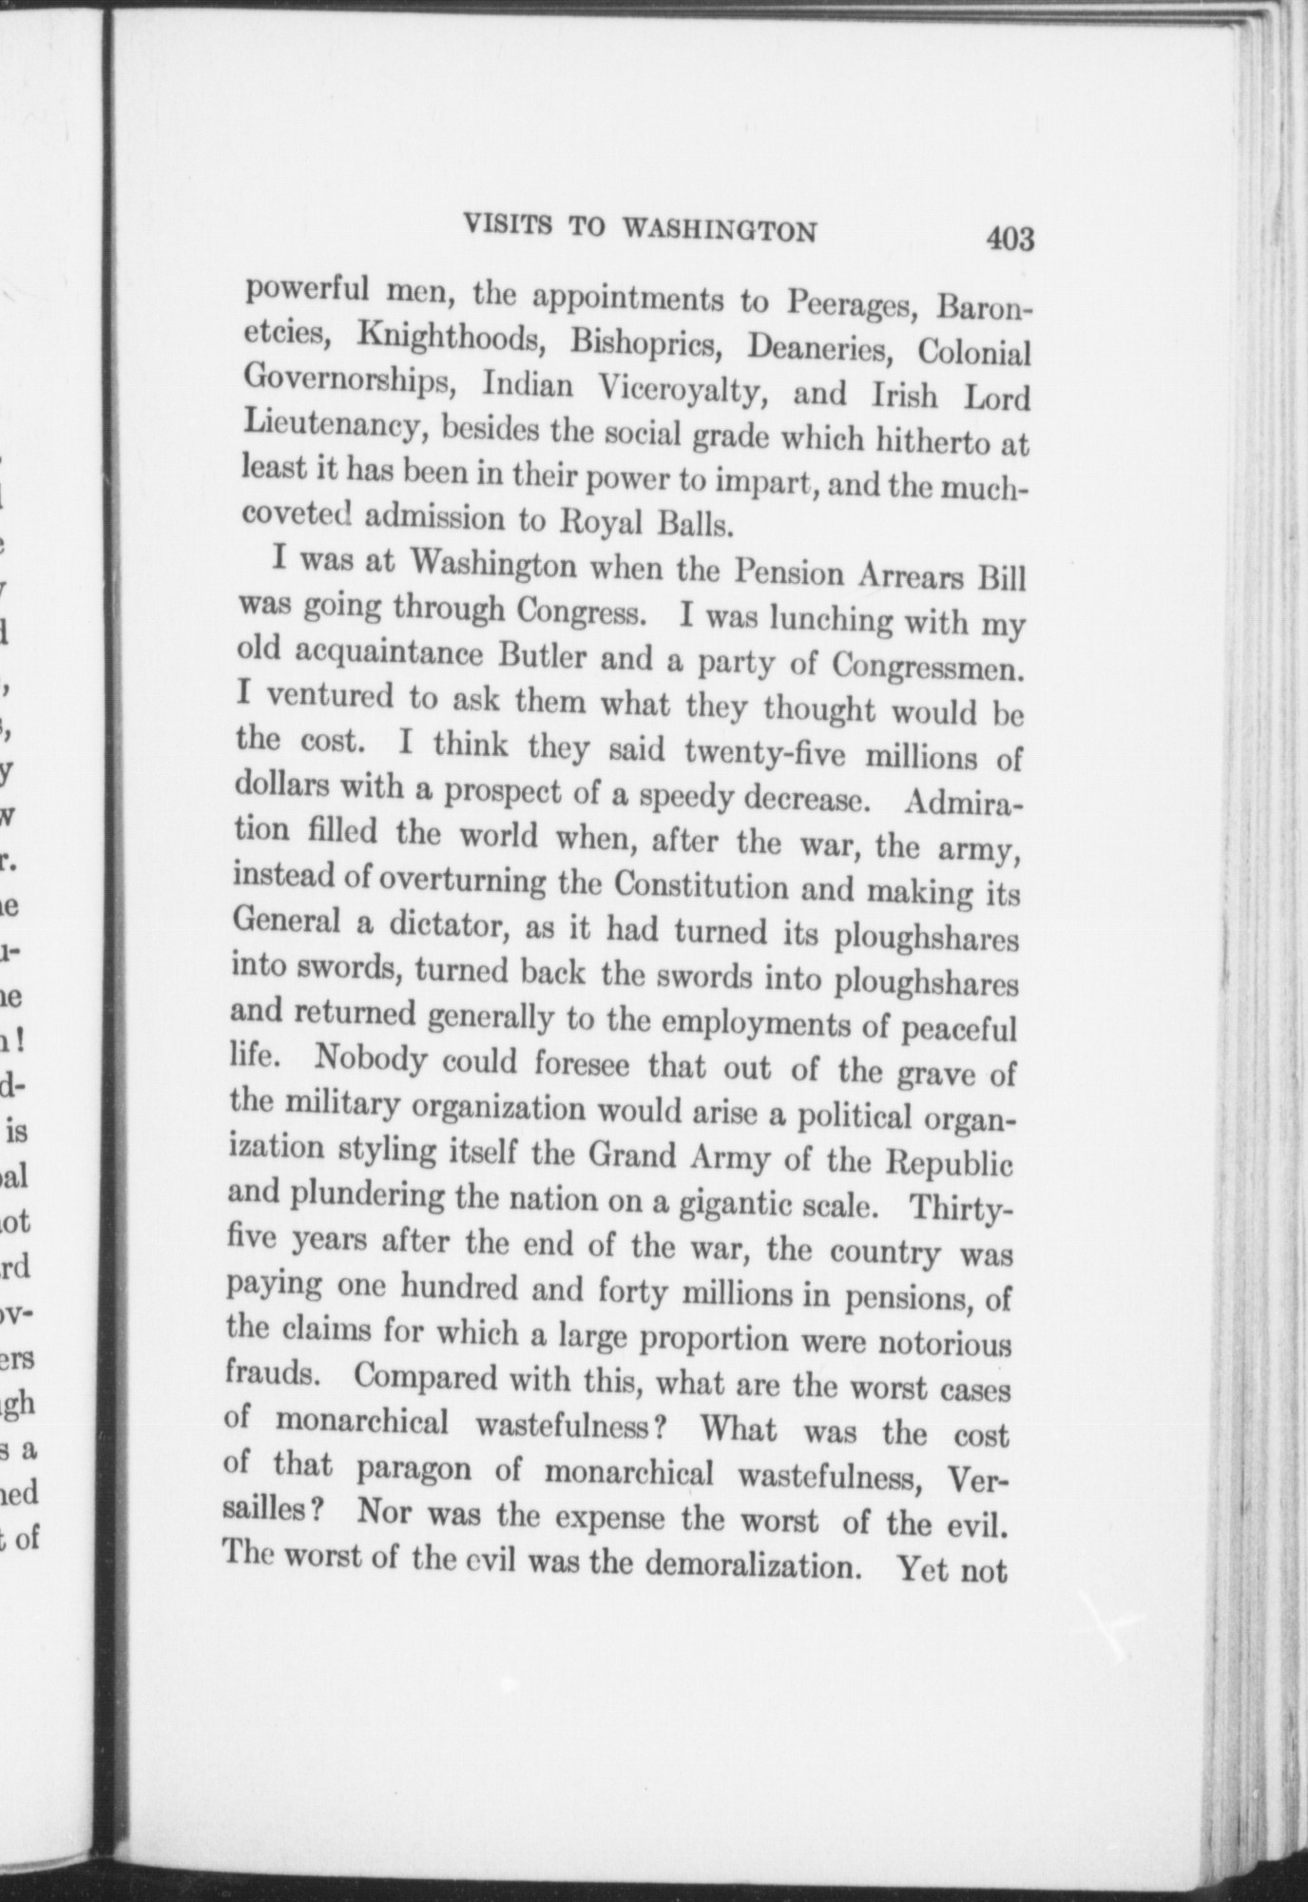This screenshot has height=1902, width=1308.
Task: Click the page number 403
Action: [1010, 237]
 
